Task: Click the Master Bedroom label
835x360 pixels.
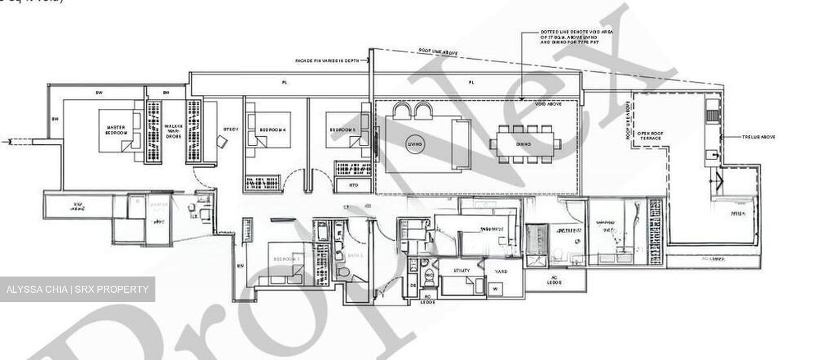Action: [116, 130]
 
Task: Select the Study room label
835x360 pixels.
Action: [230, 129]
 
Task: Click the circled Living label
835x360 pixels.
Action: [415, 143]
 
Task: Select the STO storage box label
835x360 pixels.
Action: [353, 186]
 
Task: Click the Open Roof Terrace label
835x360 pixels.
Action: [649, 136]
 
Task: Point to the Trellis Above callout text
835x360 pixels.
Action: [758, 137]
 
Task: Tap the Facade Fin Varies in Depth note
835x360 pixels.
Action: [330, 60]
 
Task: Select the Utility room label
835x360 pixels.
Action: [462, 271]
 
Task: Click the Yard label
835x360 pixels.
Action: [502, 271]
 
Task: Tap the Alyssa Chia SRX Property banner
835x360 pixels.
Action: [77, 289]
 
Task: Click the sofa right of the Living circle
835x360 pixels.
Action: [462, 144]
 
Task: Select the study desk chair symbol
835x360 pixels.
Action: [222, 141]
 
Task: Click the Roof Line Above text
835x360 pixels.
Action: [438, 52]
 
